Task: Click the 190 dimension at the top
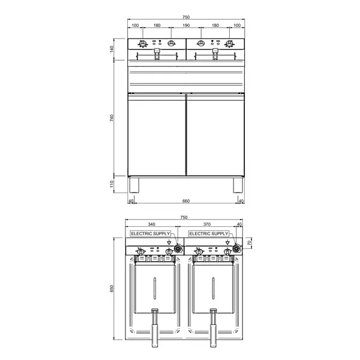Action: tap(185, 26)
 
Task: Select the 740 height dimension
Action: tap(112, 119)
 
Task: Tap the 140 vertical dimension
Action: tap(112, 49)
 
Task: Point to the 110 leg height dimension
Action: tap(112, 185)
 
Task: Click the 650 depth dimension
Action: tap(112, 290)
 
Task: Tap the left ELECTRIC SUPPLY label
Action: tap(151, 233)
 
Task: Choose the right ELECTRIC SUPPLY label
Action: tap(208, 233)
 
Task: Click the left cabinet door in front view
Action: tap(157, 134)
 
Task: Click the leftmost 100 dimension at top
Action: tap(135, 26)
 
